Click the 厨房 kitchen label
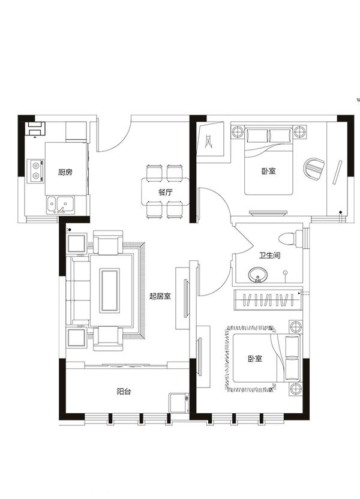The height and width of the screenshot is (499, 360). click(65, 172)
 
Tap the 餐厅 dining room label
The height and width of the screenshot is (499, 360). click(166, 192)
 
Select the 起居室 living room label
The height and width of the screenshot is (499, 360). click(160, 296)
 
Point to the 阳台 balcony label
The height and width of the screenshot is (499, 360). click(124, 392)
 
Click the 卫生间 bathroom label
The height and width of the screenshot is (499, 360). click(269, 255)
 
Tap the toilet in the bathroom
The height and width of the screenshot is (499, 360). click(290, 238)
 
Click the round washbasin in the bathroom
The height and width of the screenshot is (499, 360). click(258, 275)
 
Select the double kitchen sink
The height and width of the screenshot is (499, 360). click(61, 205)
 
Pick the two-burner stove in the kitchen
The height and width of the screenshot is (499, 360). click(36, 170)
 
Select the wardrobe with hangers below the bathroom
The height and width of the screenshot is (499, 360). click(268, 300)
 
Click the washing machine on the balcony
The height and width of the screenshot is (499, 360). click(179, 403)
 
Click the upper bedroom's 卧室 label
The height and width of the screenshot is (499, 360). click(269, 171)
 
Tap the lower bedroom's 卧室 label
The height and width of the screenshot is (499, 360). click(255, 359)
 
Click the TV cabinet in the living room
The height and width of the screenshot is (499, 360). click(182, 298)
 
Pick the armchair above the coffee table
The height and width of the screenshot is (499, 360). click(108, 243)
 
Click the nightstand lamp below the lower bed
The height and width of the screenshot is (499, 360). click(295, 389)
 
